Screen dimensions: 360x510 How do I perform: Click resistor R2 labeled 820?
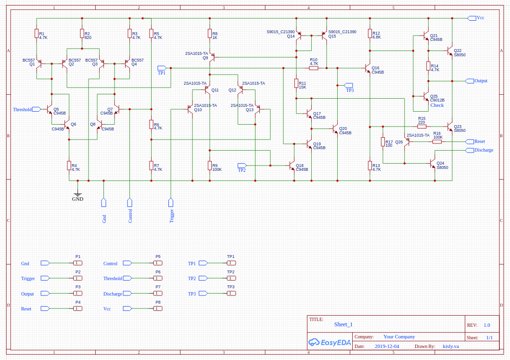coord(82,33)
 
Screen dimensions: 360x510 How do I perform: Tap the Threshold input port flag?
coord(36,109)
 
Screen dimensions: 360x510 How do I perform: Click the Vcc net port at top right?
coord(472,18)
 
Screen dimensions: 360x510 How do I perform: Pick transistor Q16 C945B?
coord(368,68)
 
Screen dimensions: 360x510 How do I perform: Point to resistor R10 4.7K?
coord(314,68)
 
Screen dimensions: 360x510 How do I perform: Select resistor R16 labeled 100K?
coord(437,141)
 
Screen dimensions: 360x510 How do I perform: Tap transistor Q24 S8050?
coord(433,164)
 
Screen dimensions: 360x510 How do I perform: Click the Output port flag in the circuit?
coord(470,81)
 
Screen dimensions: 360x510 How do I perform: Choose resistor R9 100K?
coord(210,166)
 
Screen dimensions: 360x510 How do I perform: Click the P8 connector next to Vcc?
coord(158,309)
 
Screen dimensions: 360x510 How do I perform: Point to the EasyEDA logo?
coord(330,342)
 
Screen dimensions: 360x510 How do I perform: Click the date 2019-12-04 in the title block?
coord(387,346)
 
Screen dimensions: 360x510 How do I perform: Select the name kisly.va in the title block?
coord(451,346)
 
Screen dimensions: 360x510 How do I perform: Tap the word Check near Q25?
coord(437,105)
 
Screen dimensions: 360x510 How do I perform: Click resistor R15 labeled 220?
coord(421,126)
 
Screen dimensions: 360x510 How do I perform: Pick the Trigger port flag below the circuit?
coord(171,202)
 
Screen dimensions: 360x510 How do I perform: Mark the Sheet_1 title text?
coord(344,324)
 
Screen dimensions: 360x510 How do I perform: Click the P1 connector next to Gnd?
coord(78,263)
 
